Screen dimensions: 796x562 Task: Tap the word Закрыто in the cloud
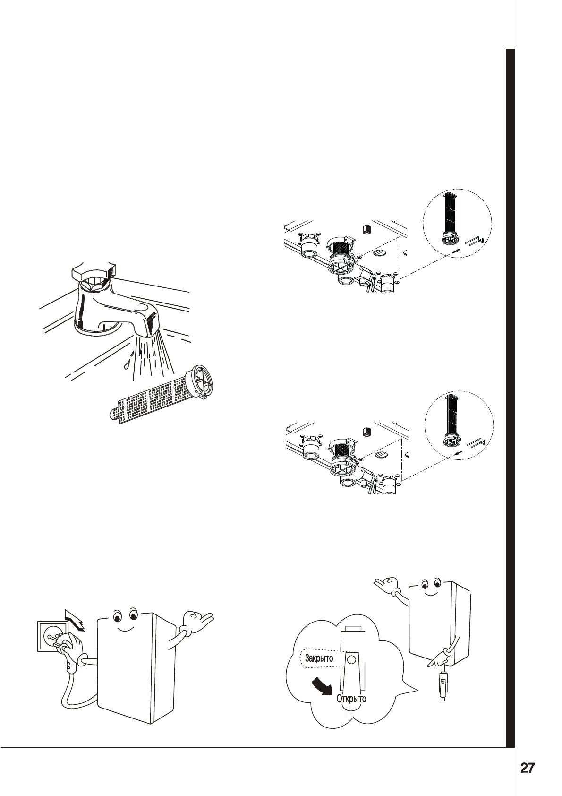[319, 658]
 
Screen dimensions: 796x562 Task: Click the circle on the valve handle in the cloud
[351, 659]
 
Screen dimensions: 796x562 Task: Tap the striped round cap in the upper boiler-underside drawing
[380, 254]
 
